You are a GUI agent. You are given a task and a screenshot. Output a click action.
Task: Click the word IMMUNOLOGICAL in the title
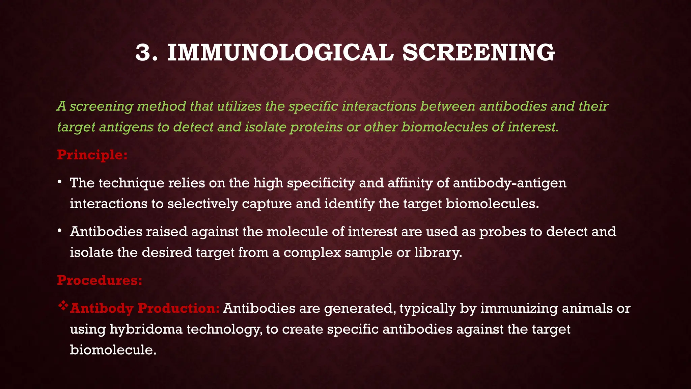(x=280, y=53)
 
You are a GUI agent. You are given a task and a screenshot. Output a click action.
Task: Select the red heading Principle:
(x=92, y=155)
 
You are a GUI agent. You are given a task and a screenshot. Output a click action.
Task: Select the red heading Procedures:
(x=100, y=280)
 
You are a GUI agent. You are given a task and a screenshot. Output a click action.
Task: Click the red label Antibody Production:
(x=145, y=308)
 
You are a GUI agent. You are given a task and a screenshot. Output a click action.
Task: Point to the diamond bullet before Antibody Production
(x=63, y=306)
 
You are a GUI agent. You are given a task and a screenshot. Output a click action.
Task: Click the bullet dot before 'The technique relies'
(x=59, y=182)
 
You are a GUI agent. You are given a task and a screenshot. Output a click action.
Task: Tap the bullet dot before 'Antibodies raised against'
(x=59, y=231)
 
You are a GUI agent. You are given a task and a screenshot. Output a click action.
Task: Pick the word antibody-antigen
(x=509, y=183)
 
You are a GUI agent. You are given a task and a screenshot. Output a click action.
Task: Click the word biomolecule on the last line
(x=113, y=350)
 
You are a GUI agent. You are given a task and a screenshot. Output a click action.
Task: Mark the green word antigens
(x=126, y=127)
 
